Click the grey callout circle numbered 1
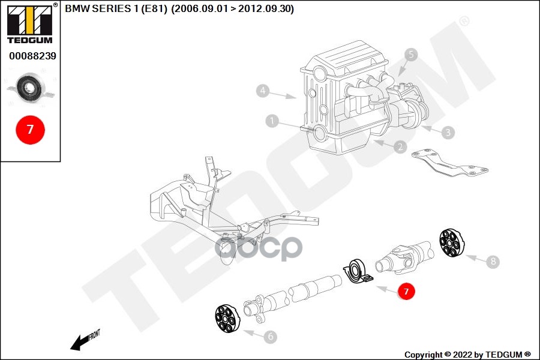(272, 122)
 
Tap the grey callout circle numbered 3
(447, 132)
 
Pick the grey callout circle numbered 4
(262, 91)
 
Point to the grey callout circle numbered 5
(411, 55)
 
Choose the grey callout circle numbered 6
(270, 337)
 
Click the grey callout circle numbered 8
(493, 262)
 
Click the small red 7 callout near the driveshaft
(406, 292)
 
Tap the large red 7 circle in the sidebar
(29, 129)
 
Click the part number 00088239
(32, 56)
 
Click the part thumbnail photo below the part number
(29, 88)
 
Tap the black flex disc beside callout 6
(227, 318)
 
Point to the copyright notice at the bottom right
(467, 355)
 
